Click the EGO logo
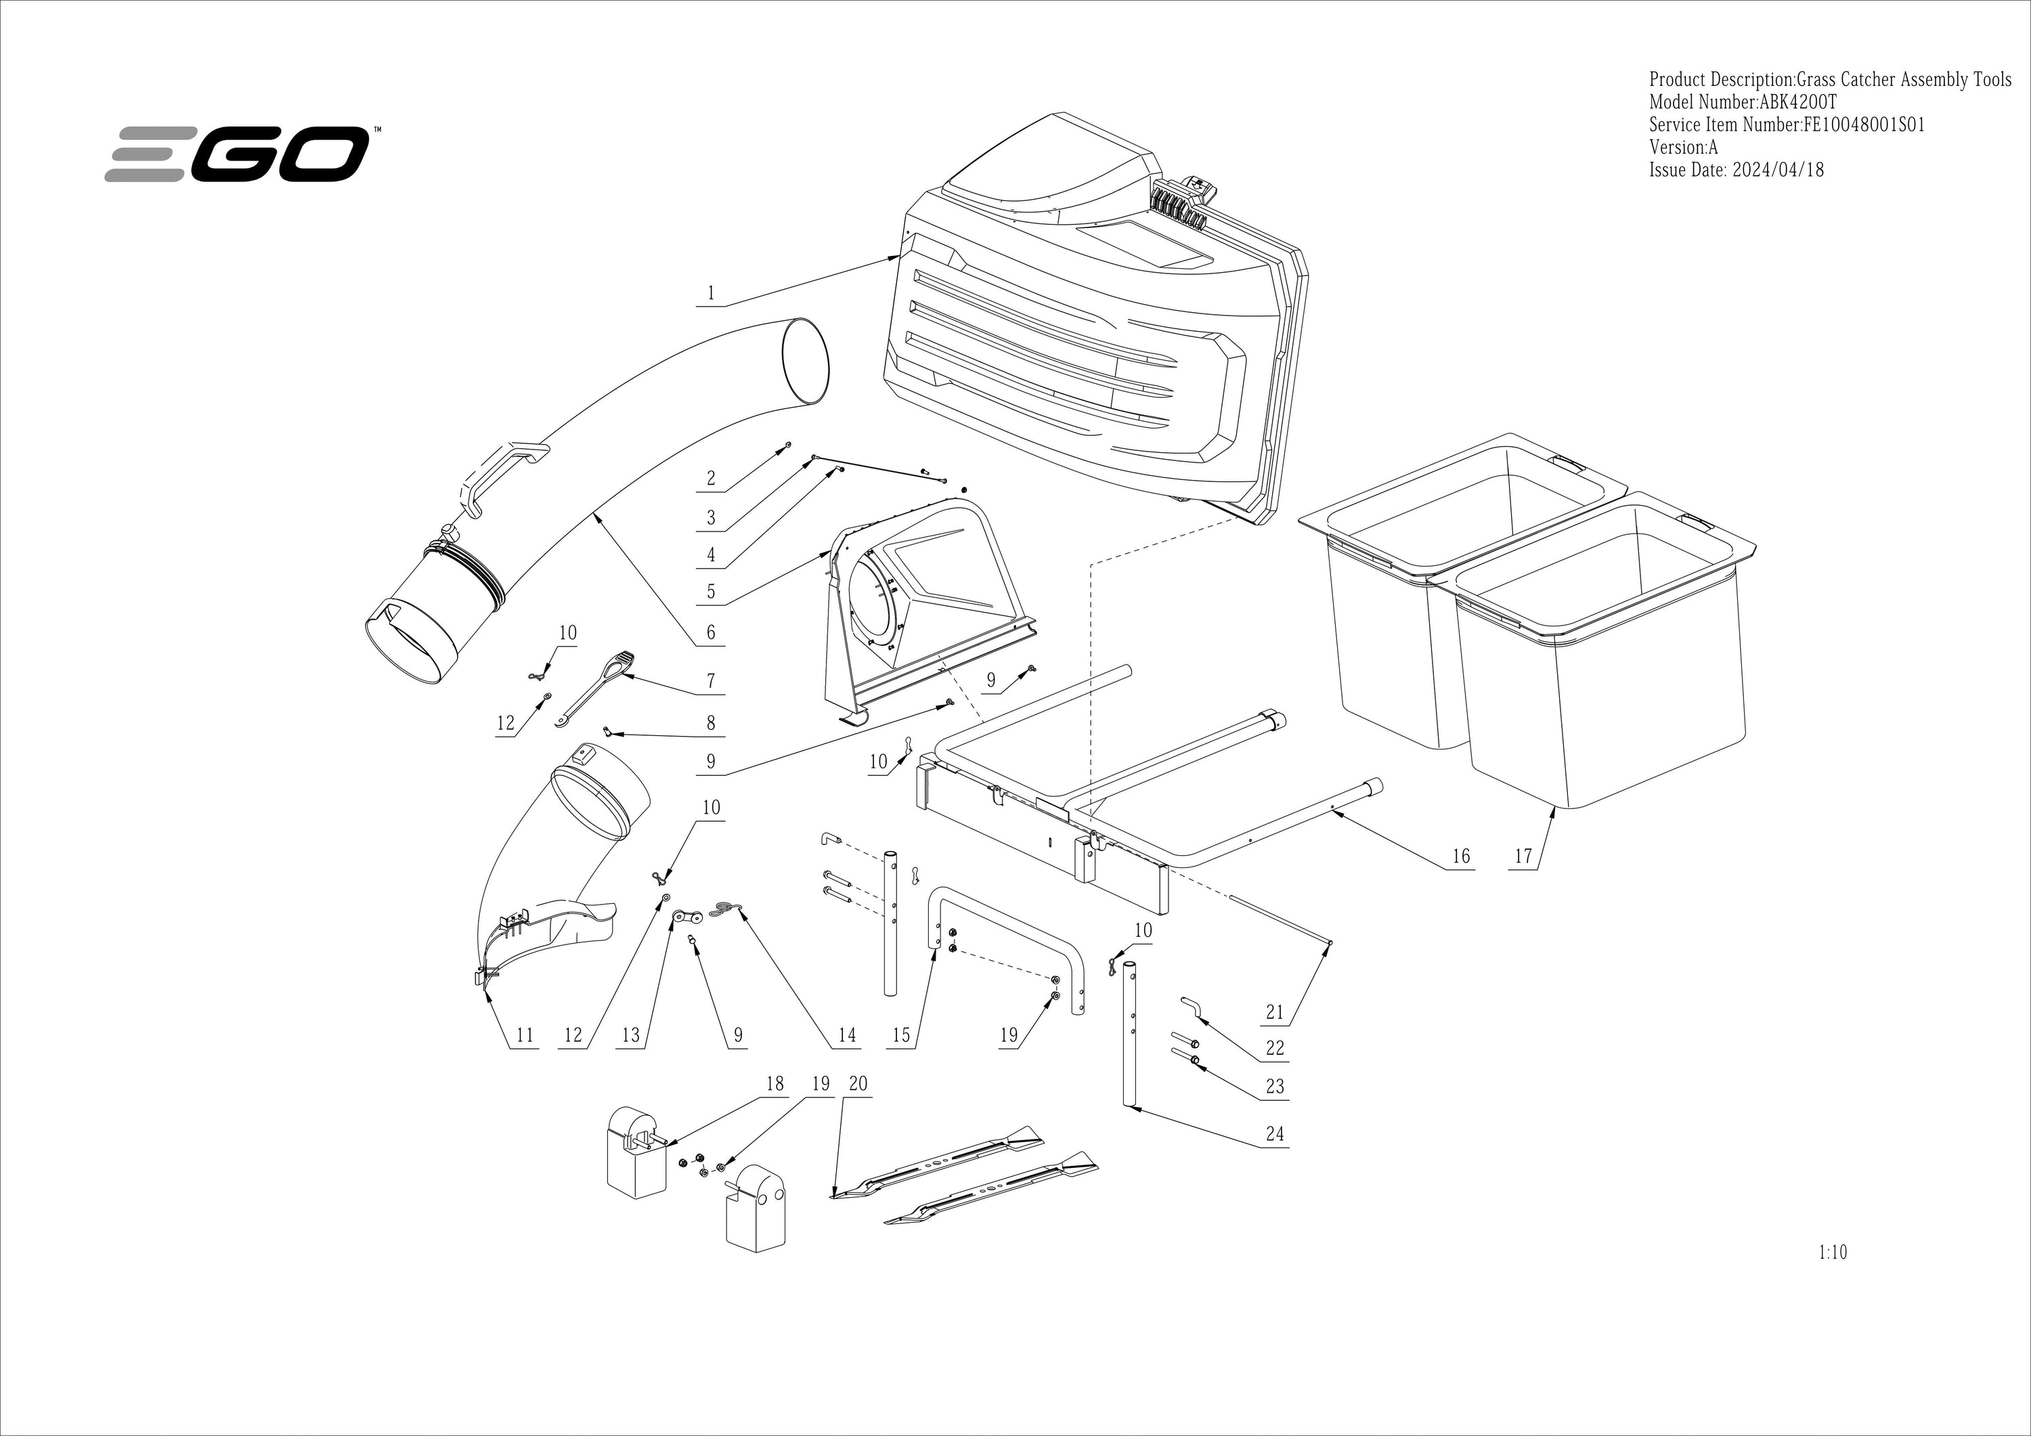(x=237, y=154)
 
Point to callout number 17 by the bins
(x=1523, y=856)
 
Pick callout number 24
(x=1274, y=1133)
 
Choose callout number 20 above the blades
(x=858, y=1084)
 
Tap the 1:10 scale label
(x=1833, y=1252)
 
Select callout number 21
(x=1274, y=1012)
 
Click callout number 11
(x=525, y=1035)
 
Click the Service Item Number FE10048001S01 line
(x=1787, y=125)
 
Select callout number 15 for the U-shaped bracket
(x=900, y=1035)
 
